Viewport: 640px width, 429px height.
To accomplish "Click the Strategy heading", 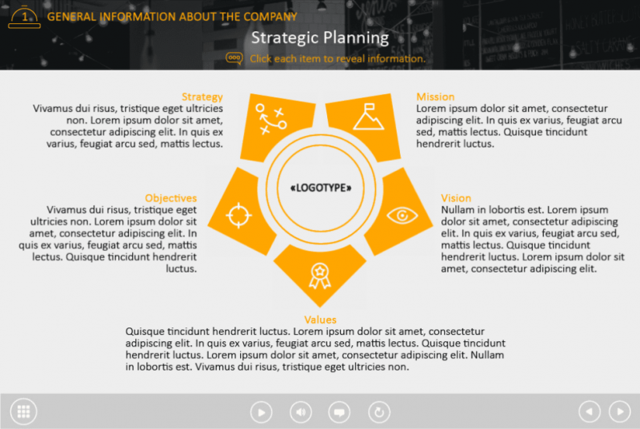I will click(x=202, y=97).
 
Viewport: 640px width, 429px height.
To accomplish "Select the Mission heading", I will click(x=435, y=97).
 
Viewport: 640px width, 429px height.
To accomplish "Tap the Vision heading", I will click(x=456, y=198).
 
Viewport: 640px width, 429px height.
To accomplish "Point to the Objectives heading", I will click(x=170, y=198).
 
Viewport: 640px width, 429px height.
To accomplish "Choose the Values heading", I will click(x=320, y=320).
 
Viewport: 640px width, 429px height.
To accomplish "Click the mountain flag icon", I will click(x=368, y=117).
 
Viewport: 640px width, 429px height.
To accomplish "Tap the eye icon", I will click(x=402, y=214).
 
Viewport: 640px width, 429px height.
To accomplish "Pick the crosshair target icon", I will click(x=238, y=215).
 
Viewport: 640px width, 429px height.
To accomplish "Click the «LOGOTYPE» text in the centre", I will click(x=320, y=188).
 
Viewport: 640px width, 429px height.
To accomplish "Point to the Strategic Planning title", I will click(x=320, y=38).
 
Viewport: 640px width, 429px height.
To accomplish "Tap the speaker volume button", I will click(x=301, y=412).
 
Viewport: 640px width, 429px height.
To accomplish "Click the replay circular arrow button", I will click(x=379, y=412).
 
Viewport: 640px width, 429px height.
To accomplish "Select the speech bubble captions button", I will click(x=339, y=412).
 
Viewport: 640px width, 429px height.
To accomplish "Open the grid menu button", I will click(x=23, y=411).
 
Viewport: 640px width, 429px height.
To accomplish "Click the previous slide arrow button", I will click(x=590, y=411).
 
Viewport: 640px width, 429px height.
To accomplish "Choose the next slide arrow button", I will click(x=619, y=411).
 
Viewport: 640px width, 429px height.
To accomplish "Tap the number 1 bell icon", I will click(x=24, y=16).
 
